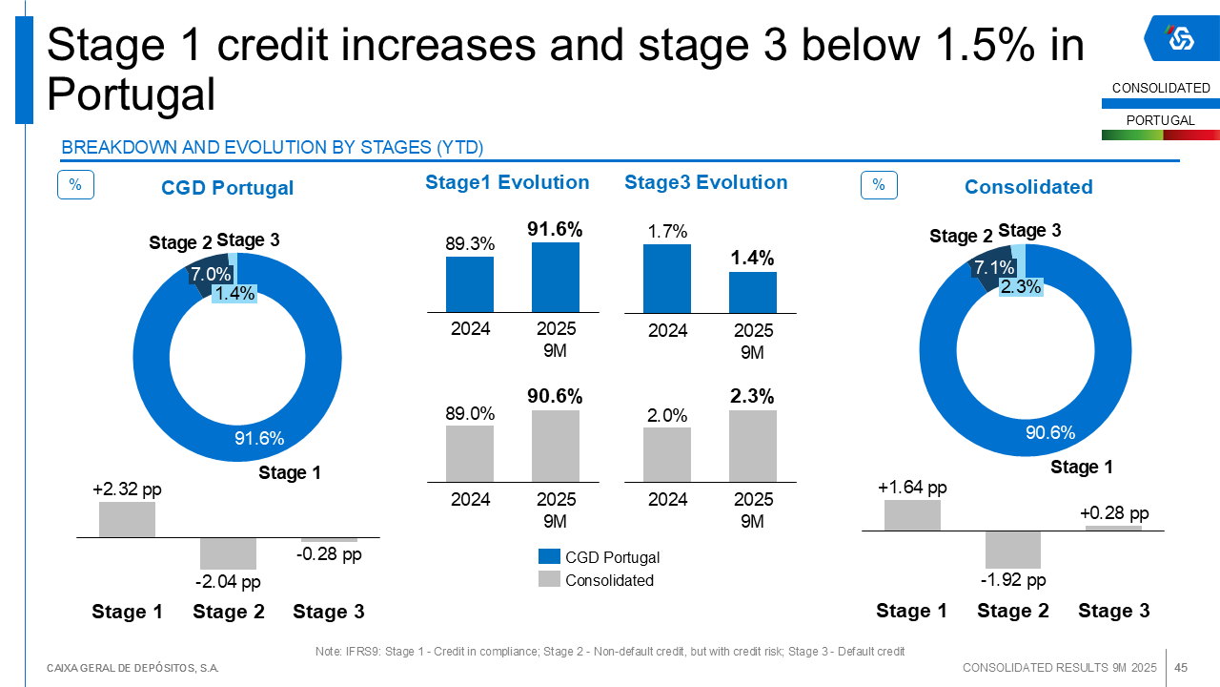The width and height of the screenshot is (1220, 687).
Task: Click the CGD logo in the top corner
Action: (1181, 38)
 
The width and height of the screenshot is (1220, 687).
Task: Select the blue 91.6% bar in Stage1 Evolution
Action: (556, 277)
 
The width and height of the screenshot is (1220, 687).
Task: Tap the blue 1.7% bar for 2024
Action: (667, 279)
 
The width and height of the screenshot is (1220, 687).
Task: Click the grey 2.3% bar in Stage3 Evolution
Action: (753, 446)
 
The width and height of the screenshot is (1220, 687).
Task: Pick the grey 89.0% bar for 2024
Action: (470, 453)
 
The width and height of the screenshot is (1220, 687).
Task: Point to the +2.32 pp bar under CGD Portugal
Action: (127, 519)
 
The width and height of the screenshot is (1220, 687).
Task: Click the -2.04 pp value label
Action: (228, 582)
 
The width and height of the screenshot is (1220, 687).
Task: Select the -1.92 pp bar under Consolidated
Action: (1013, 550)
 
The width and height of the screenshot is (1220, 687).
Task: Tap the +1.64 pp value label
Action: (912, 488)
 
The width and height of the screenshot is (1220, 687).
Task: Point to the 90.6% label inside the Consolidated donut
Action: (1050, 433)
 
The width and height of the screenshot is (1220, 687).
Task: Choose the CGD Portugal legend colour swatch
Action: (549, 556)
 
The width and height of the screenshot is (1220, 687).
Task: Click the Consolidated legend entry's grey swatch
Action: (549, 579)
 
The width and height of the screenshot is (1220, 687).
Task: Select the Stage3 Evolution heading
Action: (706, 182)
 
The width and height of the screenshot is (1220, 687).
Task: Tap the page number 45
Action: (1181, 667)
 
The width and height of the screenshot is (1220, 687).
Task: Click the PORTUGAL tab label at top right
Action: (1160, 120)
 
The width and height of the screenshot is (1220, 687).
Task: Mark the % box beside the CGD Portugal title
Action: (75, 185)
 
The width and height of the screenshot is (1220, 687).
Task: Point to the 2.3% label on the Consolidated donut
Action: (1020, 286)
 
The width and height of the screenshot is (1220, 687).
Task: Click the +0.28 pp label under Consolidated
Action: (1114, 513)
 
